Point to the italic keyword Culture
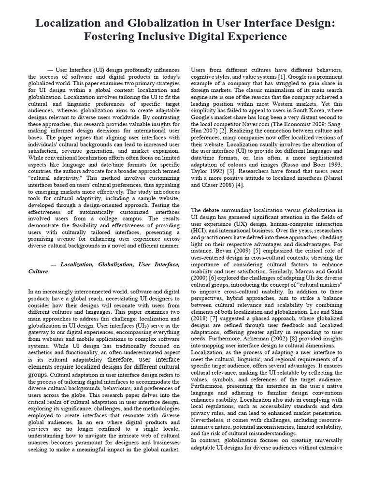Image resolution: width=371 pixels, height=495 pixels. pyautogui.click(x=38, y=271)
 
